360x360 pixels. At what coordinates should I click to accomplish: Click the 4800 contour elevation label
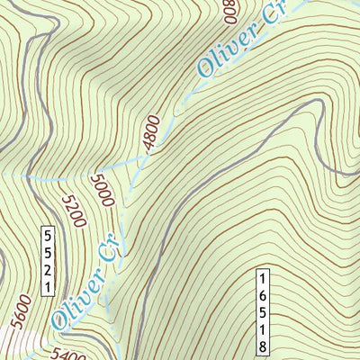(x=150, y=132)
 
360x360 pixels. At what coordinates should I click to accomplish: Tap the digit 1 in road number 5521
(x=48, y=287)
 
